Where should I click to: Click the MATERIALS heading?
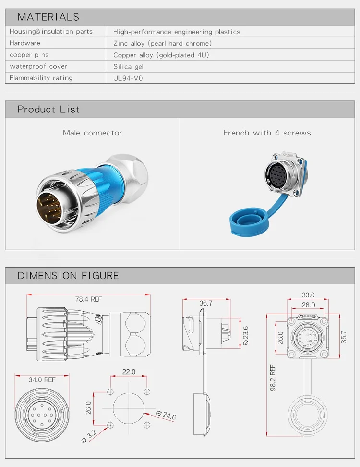pos(48,17)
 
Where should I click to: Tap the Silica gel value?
pos(128,66)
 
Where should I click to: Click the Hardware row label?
pos(25,43)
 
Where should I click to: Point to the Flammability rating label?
pos(41,78)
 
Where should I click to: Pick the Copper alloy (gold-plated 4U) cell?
pos(161,55)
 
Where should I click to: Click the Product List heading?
pos(48,110)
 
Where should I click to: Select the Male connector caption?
pos(93,133)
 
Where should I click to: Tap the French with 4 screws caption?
pos(267,133)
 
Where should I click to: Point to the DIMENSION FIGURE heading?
pos(68,276)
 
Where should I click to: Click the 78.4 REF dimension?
pos(88,299)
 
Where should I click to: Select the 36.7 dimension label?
pos(206,303)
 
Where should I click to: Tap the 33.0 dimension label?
pos(308,295)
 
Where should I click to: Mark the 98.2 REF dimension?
pos(273,378)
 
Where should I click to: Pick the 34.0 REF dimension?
pos(42,380)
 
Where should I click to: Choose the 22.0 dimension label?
pos(129,372)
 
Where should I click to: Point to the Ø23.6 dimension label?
pos(246,336)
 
